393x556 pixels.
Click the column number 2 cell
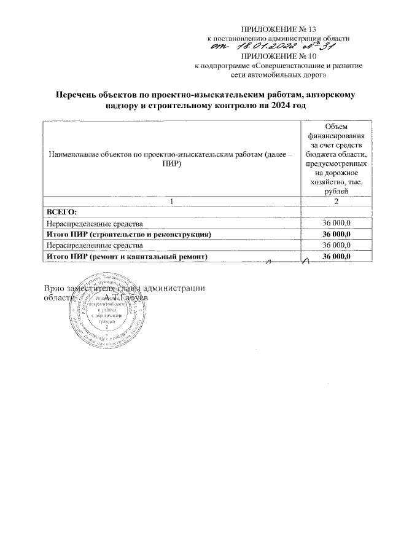coord(335,202)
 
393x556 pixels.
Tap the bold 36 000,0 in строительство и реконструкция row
coord(336,234)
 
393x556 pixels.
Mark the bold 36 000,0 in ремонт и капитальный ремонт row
coord(336,256)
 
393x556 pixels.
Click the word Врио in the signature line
coord(55,288)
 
